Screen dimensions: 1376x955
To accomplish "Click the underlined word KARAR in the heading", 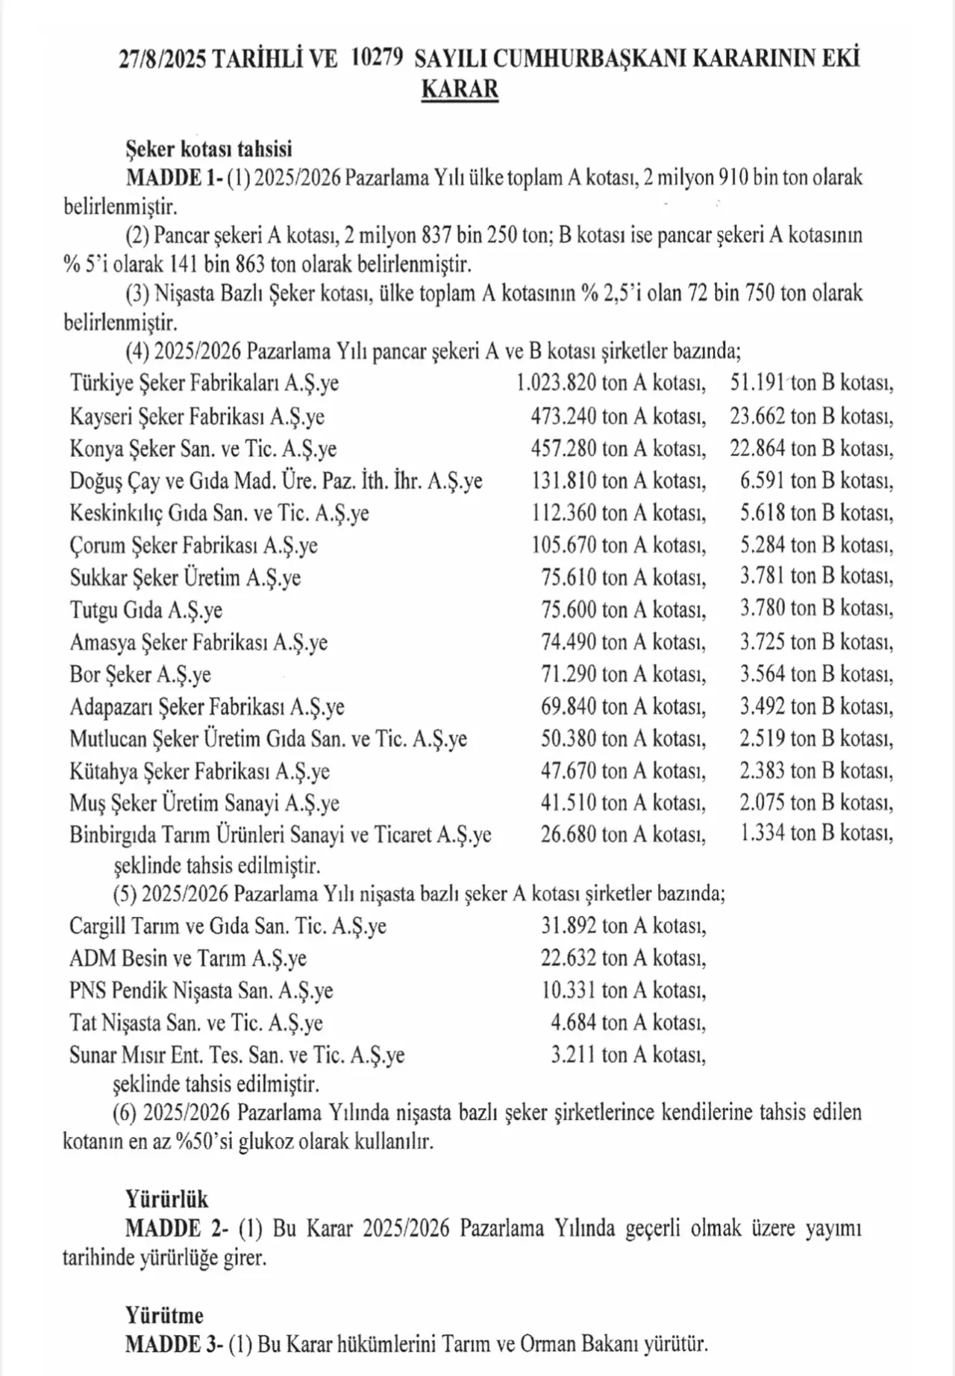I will coord(460,89).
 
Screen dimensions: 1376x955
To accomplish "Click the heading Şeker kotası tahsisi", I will coord(208,149).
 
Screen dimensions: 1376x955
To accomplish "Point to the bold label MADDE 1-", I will coord(175,178).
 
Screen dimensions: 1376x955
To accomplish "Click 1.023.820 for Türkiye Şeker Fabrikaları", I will coord(557,383).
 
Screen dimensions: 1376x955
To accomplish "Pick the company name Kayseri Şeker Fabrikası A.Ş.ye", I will coord(197,416).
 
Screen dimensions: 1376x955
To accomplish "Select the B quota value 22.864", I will coord(757,448).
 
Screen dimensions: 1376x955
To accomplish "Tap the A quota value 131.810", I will coord(564,480).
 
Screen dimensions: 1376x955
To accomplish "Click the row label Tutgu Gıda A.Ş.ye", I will coord(145,610).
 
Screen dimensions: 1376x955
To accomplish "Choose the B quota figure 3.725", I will coord(763,641).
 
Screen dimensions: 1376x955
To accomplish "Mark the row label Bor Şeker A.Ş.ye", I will coord(140,674).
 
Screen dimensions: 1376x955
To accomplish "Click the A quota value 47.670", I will coord(569,771).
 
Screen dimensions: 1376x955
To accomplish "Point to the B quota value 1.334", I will coord(763,833).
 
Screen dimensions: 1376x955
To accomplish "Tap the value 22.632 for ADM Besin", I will coord(569,958).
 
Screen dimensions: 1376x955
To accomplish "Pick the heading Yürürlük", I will coord(167,1199).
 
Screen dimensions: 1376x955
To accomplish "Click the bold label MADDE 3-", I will coord(175,1345).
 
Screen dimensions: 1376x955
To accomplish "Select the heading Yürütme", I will coord(164,1316).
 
